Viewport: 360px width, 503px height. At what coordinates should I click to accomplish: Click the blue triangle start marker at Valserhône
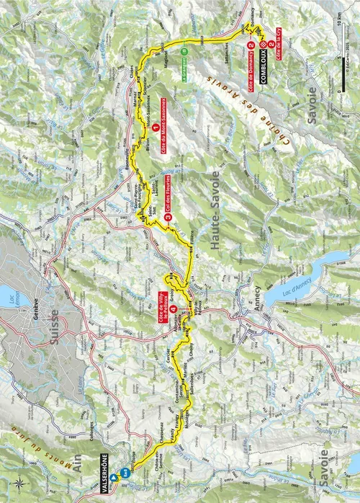114,476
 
